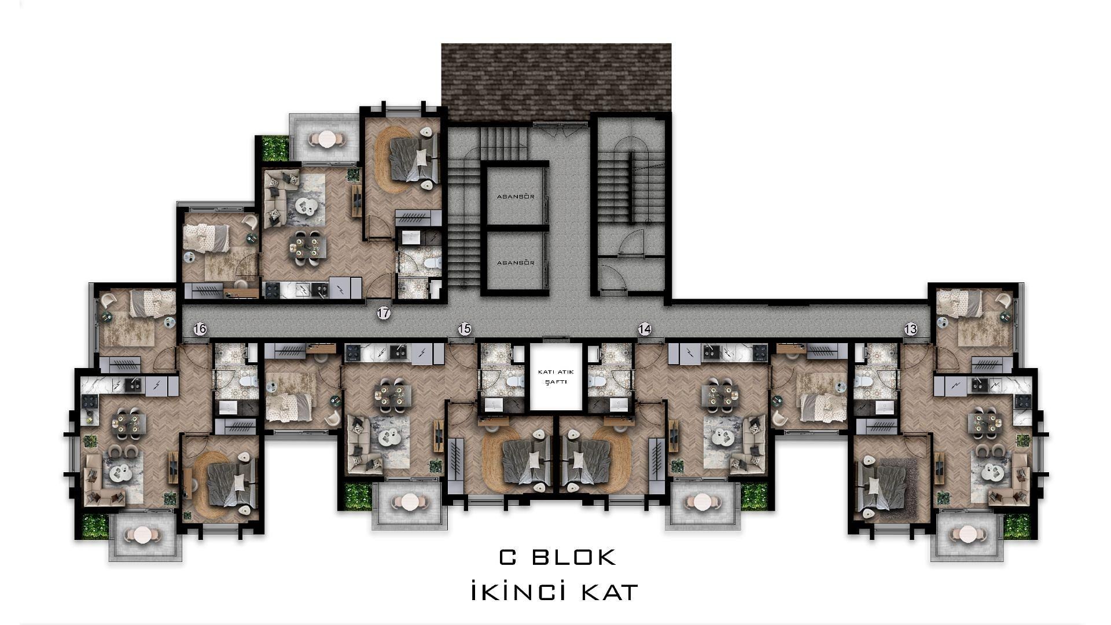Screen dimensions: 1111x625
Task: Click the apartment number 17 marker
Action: [383, 314]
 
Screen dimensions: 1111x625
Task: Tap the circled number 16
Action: [200, 329]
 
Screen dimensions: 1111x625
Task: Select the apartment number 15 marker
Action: [465, 329]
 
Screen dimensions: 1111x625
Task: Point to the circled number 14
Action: [645, 329]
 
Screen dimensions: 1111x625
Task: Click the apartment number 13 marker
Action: [910, 329]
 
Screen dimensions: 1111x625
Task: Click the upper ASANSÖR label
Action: [516, 197]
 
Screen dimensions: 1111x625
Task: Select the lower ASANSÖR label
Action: [516, 263]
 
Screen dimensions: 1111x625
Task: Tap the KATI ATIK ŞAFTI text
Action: [555, 377]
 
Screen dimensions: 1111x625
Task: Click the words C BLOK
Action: [558, 557]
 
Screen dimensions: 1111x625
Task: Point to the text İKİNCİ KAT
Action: [555, 592]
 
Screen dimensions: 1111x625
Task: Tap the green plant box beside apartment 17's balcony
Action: [275, 148]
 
